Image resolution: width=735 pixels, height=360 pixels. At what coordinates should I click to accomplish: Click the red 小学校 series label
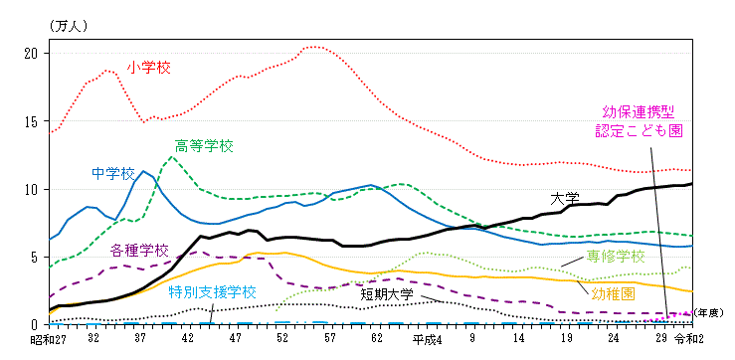point(149,68)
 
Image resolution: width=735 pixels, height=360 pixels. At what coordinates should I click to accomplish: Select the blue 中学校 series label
point(112,173)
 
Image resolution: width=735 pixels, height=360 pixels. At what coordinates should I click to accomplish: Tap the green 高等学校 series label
point(204,146)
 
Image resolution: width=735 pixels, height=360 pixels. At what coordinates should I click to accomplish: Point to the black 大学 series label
point(565,198)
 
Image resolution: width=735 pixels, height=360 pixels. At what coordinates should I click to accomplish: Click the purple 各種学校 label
point(139,250)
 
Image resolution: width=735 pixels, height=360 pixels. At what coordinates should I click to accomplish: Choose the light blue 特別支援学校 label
point(212,292)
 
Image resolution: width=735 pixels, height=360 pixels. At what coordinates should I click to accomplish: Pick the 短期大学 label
point(388,294)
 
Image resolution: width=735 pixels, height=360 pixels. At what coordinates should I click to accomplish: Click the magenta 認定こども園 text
point(639,129)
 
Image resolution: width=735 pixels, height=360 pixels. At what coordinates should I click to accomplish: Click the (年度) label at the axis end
point(709,313)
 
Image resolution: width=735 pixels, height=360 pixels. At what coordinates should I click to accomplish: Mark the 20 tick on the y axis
point(31,53)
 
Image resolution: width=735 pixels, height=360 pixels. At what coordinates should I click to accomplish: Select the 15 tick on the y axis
point(31,121)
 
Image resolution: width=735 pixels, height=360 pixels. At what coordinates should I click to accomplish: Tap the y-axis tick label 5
point(35,257)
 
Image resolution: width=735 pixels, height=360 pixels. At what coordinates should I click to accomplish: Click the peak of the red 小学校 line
point(314,47)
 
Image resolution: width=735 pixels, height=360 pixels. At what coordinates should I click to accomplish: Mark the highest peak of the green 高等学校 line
point(173,156)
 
